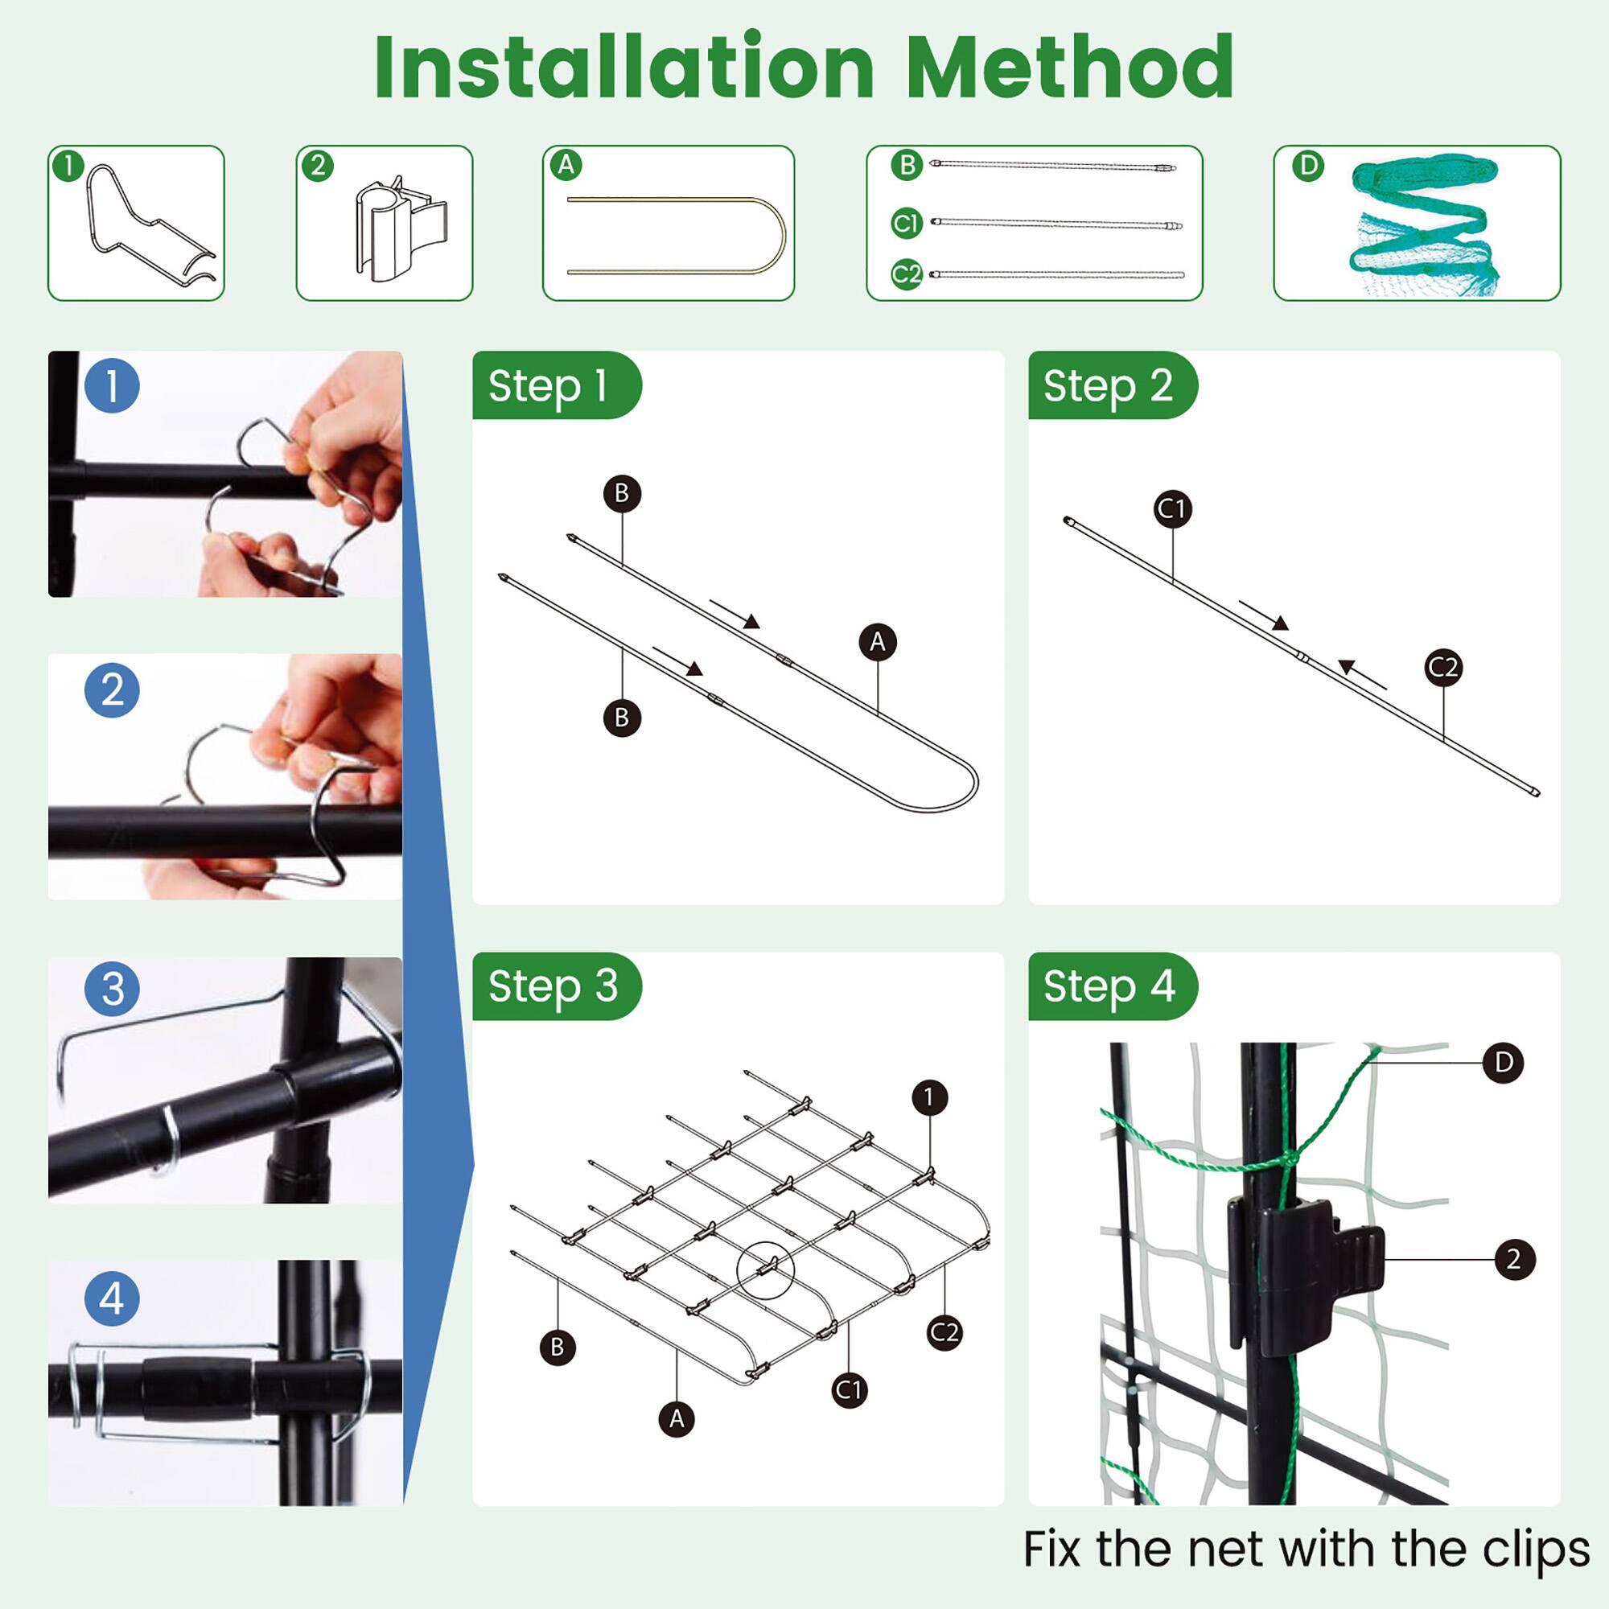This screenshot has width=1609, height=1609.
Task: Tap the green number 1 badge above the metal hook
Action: point(69,165)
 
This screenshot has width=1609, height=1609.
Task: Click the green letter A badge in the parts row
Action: point(566,165)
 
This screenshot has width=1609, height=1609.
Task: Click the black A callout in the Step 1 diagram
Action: point(877,642)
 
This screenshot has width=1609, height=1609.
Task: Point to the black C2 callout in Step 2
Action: point(1443,667)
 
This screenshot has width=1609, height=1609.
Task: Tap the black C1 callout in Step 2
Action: point(1173,508)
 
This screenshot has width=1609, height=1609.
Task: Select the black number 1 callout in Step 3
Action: point(929,1097)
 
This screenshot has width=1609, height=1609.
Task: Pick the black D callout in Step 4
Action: point(1504,1063)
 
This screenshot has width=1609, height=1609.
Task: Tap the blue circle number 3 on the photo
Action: point(112,989)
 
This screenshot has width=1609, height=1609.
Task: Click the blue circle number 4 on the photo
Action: point(112,1299)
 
